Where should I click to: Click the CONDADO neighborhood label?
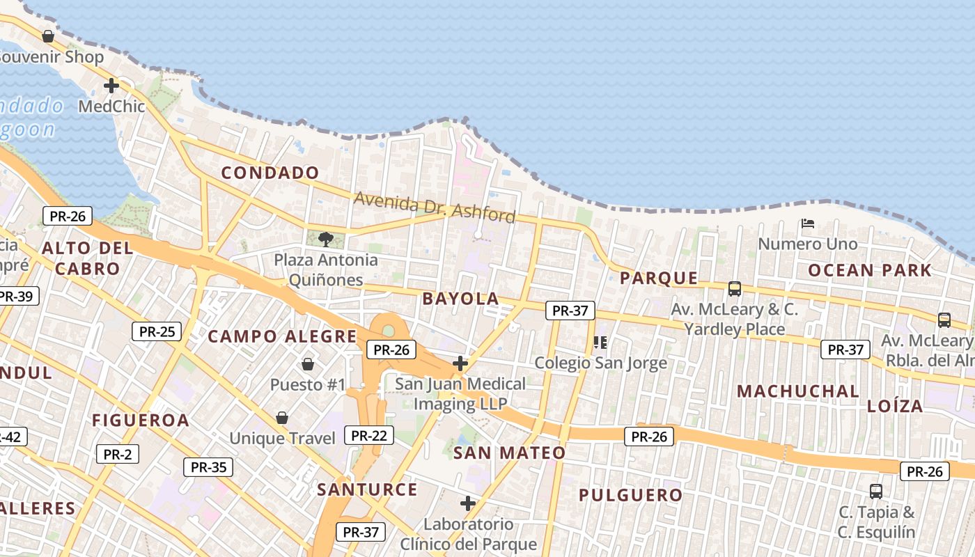pos(270,173)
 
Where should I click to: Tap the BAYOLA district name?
pos(460,299)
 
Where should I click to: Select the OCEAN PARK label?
pos(870,270)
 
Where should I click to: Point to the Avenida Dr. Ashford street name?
pos(435,207)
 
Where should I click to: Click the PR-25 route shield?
pos(157,331)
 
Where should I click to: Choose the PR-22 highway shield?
pos(368,436)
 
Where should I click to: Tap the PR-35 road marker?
pos(208,467)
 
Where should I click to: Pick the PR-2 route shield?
pos(117,455)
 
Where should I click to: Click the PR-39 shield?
pos(15,297)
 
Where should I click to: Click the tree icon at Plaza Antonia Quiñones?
pos(325,240)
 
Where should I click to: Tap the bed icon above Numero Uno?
pos(808,223)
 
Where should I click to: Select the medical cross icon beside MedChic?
pos(111,86)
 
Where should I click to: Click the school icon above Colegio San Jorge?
pos(600,342)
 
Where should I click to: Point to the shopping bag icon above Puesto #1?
pos(307,364)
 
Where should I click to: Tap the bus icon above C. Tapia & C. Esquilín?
pos(876,491)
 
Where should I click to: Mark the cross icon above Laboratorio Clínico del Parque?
pos(468,503)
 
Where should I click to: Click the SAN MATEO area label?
pos(509,453)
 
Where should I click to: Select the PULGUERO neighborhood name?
pos(631,495)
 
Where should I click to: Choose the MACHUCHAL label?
pos(798,391)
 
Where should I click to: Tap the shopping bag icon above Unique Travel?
pos(282,418)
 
